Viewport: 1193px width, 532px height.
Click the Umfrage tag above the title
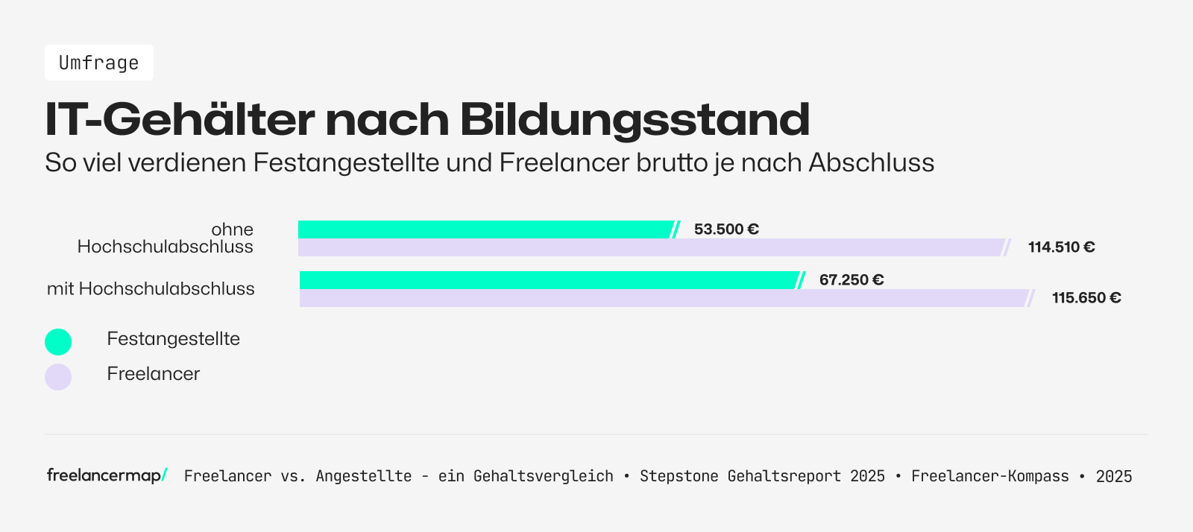(99, 63)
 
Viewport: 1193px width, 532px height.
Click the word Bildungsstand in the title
(634, 119)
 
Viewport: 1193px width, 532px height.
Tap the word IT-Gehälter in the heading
(180, 119)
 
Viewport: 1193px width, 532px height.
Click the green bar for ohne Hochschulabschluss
(485, 229)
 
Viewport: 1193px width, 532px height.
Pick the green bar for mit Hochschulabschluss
(548, 280)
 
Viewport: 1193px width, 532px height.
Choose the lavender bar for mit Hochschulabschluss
(664, 298)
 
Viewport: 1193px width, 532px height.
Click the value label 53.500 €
(726, 229)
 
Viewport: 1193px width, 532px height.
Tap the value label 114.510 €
(1061, 247)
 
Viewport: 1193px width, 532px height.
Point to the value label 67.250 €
(852, 280)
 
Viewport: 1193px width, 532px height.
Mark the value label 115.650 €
(1086, 298)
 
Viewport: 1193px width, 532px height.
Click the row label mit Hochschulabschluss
(151, 289)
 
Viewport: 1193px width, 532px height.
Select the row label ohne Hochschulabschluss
(166, 238)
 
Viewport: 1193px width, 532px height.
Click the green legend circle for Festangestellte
(58, 342)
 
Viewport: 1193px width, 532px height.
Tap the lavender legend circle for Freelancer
(58, 377)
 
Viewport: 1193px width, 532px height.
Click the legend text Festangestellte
(173, 339)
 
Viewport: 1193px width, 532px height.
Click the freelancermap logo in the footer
(107, 475)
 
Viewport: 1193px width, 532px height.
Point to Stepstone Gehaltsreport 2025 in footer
(762, 476)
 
